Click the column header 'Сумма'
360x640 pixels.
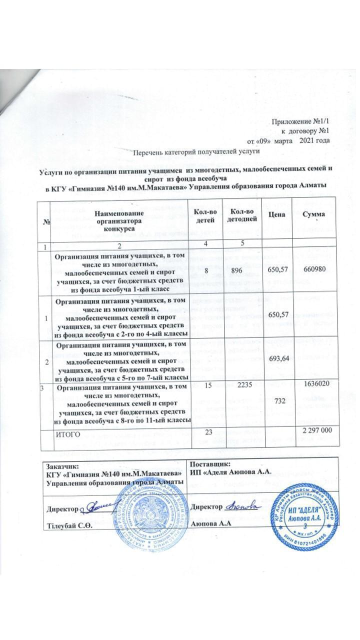[x=316, y=214]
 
